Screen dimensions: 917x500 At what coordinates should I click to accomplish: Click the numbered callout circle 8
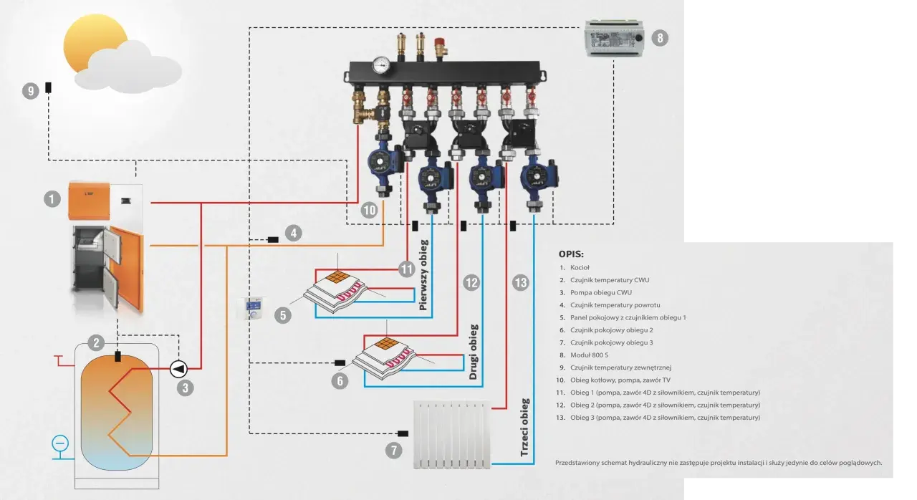(660, 38)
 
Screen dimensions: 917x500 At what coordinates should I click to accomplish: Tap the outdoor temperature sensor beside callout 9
(48, 87)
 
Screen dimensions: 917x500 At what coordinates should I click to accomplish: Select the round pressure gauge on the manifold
(382, 65)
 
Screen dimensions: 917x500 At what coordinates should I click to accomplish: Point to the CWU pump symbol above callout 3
(178, 369)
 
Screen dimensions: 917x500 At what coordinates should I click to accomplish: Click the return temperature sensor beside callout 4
(273, 240)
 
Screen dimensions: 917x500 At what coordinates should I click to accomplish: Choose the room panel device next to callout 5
(251, 308)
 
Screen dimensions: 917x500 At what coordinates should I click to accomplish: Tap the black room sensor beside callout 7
(403, 433)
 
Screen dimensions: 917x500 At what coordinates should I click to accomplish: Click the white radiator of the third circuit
(452, 435)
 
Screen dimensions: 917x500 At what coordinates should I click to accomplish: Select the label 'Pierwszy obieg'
(423, 275)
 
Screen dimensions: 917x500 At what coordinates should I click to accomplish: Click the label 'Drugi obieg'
(474, 352)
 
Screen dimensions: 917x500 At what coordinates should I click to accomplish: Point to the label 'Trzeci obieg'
(524, 427)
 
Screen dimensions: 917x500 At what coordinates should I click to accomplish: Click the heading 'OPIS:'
(571, 254)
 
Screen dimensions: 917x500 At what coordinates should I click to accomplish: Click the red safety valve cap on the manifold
(440, 42)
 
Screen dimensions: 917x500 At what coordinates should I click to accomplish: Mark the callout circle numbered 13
(520, 283)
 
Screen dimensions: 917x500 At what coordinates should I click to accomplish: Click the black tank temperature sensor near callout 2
(118, 356)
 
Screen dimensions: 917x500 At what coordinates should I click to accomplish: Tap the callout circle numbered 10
(369, 211)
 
